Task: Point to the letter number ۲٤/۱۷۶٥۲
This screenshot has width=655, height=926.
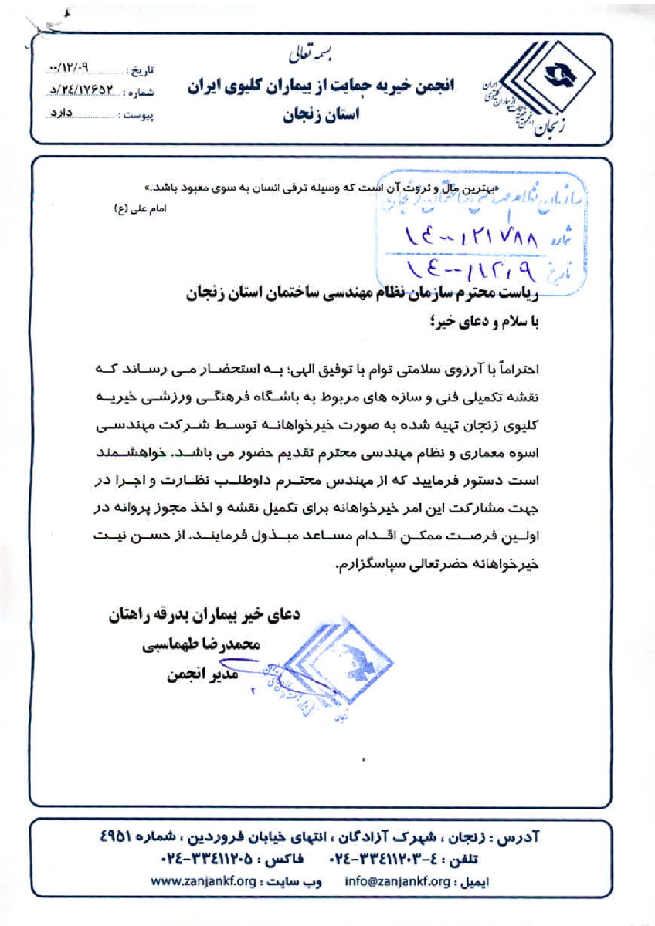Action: (x=88, y=92)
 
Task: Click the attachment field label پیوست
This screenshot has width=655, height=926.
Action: (x=142, y=116)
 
